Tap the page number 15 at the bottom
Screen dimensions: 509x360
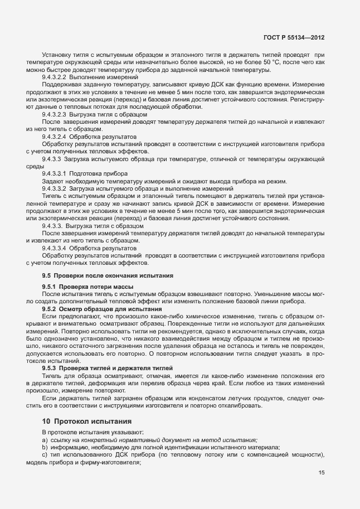(322, 473)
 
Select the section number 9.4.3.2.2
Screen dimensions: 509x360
(55, 77)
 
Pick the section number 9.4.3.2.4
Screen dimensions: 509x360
(55, 137)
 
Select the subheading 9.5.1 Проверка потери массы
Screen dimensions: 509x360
(84, 287)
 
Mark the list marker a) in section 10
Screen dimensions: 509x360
(45, 440)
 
